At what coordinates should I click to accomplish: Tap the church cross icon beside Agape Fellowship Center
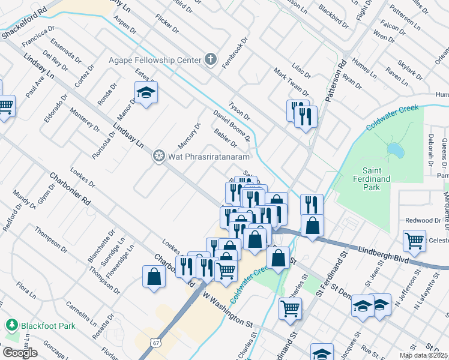[x=210, y=59]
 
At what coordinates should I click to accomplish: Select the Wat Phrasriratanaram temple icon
[x=159, y=157]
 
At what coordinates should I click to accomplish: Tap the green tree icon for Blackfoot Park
[x=11, y=325]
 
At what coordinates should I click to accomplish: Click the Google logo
[x=19, y=353]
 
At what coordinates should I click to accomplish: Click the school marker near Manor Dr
[x=145, y=92]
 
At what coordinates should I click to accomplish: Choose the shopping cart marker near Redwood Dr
[x=414, y=241]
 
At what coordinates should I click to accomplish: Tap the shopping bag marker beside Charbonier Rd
[x=154, y=277]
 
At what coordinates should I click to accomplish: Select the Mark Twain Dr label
[x=291, y=82]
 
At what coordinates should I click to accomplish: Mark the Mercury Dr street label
[x=189, y=137]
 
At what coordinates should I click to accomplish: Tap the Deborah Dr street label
[x=431, y=150]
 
